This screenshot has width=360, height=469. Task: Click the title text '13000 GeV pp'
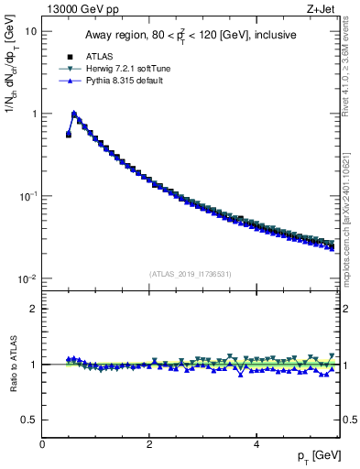78,8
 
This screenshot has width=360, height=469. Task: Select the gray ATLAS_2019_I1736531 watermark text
191,274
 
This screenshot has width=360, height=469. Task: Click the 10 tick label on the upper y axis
30,31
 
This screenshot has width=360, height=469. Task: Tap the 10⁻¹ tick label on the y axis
28,196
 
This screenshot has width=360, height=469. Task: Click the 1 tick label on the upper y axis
33,114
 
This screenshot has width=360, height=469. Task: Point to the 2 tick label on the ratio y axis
33,309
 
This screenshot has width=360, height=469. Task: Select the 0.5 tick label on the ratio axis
29,420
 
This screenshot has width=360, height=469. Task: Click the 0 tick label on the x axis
43,444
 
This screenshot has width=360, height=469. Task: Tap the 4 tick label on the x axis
256,444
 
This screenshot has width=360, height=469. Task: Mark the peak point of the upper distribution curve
74,115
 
